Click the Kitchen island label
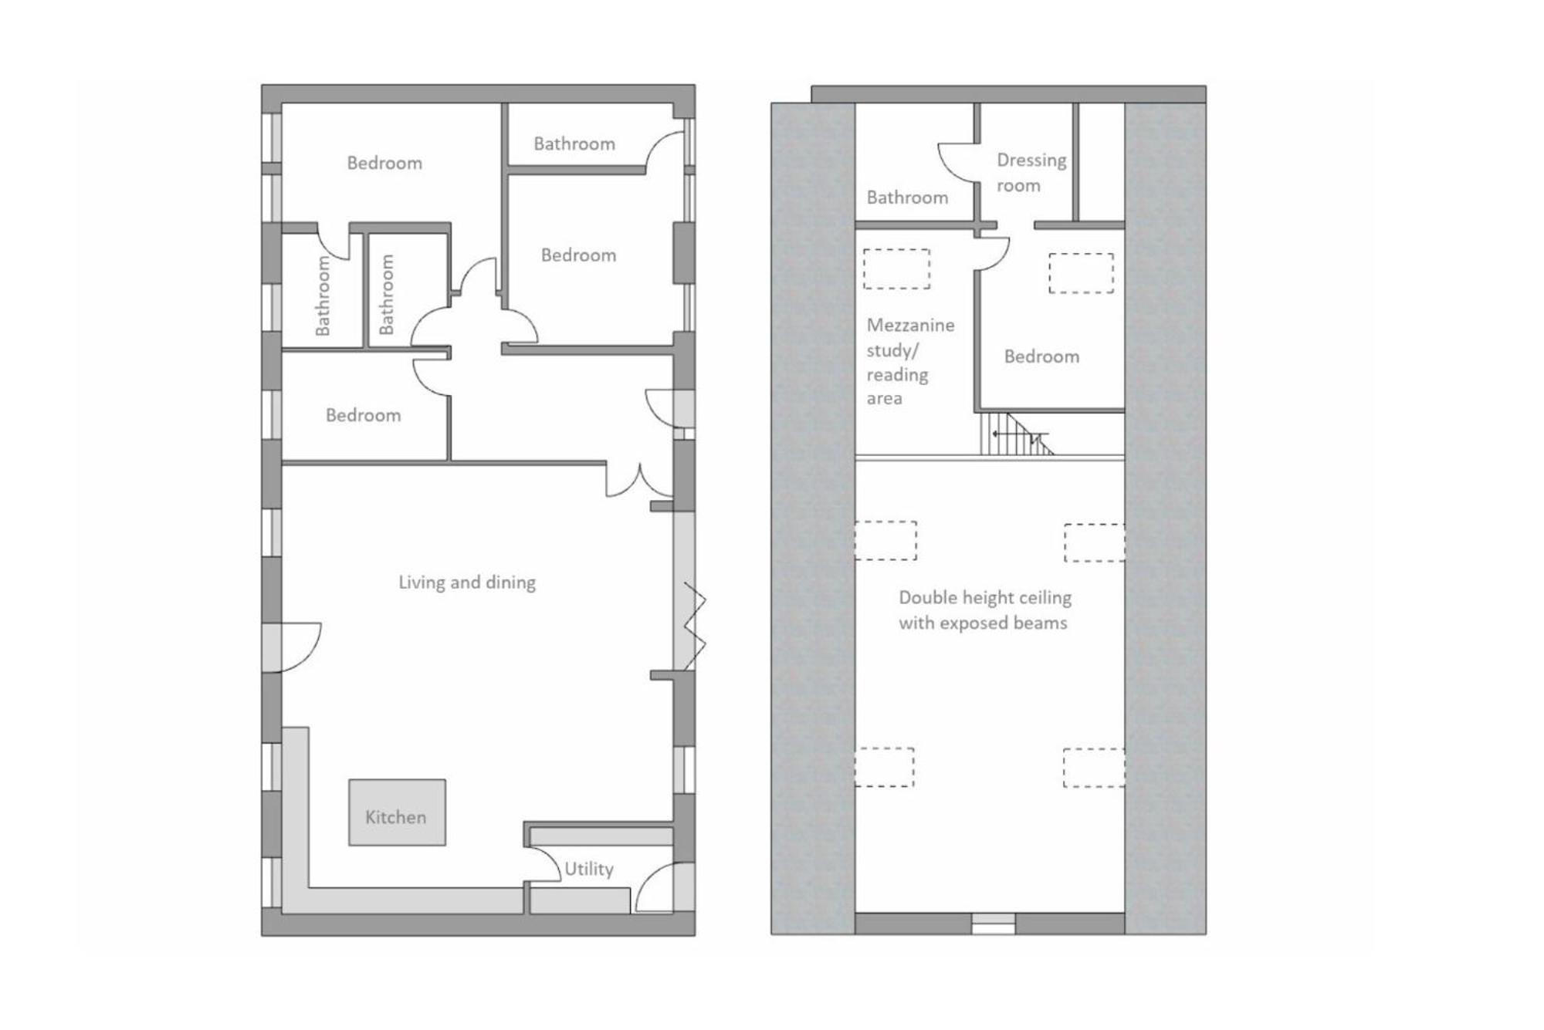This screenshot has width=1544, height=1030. point(395,817)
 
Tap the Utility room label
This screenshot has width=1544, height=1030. point(589,870)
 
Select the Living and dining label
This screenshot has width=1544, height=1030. point(467,583)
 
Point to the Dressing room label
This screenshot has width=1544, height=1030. point(1031,172)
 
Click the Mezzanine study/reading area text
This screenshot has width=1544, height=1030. point(910,361)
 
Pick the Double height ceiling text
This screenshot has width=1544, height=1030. point(985,597)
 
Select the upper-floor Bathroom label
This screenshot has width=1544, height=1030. point(907,198)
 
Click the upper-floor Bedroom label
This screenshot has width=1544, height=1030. point(1041,356)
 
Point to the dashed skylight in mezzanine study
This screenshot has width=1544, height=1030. point(896,268)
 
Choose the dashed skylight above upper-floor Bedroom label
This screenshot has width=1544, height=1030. point(1081,273)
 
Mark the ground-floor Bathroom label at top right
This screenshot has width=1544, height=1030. point(574,144)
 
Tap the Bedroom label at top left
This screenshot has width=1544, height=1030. point(384,163)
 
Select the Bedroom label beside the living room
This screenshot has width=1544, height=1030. point(363,415)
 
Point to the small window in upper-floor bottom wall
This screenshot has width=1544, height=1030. point(993,924)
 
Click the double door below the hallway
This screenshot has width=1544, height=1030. point(639,481)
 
